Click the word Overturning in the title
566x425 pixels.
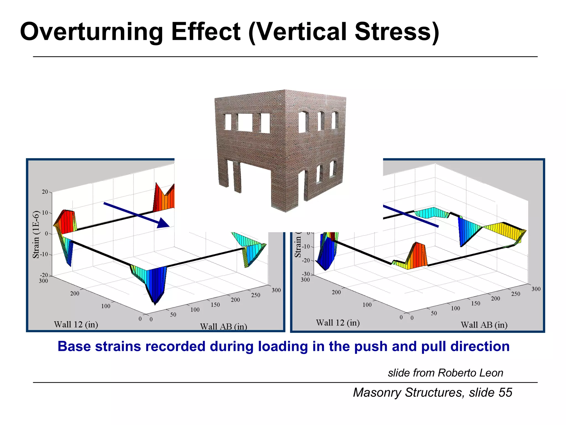pos(91,32)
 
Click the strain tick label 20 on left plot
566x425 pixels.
pos(45,192)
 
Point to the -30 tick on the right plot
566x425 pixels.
pos(306,274)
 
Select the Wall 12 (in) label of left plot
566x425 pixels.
pos(76,324)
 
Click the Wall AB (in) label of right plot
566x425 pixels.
pos(484,325)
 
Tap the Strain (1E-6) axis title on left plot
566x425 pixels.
pos(36,235)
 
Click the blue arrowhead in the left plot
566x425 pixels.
pos(163,223)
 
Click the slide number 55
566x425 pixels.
pos(505,393)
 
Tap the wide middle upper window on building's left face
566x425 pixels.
pos(245,122)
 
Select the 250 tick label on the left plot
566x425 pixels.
pos(256,295)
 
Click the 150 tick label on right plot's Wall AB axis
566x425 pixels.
pos(475,304)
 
